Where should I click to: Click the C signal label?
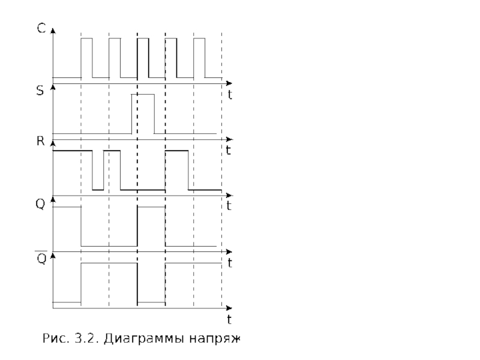pos(40,28)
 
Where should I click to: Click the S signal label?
pos(40,94)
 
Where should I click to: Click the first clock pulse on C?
pos(87,58)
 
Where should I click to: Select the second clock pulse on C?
pos(115,58)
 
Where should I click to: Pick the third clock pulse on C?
pos(143,58)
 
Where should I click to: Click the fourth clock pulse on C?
pos(171,58)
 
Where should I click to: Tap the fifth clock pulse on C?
pos(199,58)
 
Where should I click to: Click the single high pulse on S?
pos(143,113)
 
